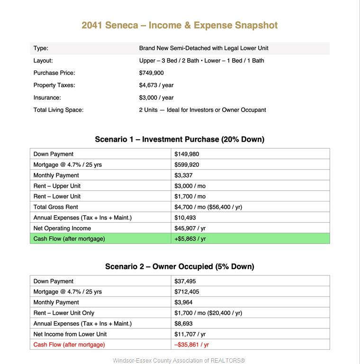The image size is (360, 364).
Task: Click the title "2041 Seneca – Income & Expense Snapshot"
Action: [180, 26]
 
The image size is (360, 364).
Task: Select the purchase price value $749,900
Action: [152, 73]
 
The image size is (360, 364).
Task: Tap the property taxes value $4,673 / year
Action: [156, 85]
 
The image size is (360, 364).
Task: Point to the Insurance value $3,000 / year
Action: [156, 98]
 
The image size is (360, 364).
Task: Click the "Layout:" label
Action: [43, 61]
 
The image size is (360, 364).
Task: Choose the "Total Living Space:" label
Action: [58, 110]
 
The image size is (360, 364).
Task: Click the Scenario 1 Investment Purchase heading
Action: [180, 139]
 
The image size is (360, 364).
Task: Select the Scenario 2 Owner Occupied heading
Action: [180, 266]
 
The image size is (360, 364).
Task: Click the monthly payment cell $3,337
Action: [183, 175]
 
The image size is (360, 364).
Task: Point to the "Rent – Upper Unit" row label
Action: [57, 186]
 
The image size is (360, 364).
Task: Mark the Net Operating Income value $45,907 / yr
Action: [190, 228]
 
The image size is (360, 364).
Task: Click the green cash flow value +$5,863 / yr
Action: [190, 239]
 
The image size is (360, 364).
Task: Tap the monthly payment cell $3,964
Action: [183, 302]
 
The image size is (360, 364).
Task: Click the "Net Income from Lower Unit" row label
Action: [70, 334]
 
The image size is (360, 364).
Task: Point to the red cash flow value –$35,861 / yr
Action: [192, 345]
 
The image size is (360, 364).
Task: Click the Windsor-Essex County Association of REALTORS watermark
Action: [179, 361]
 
